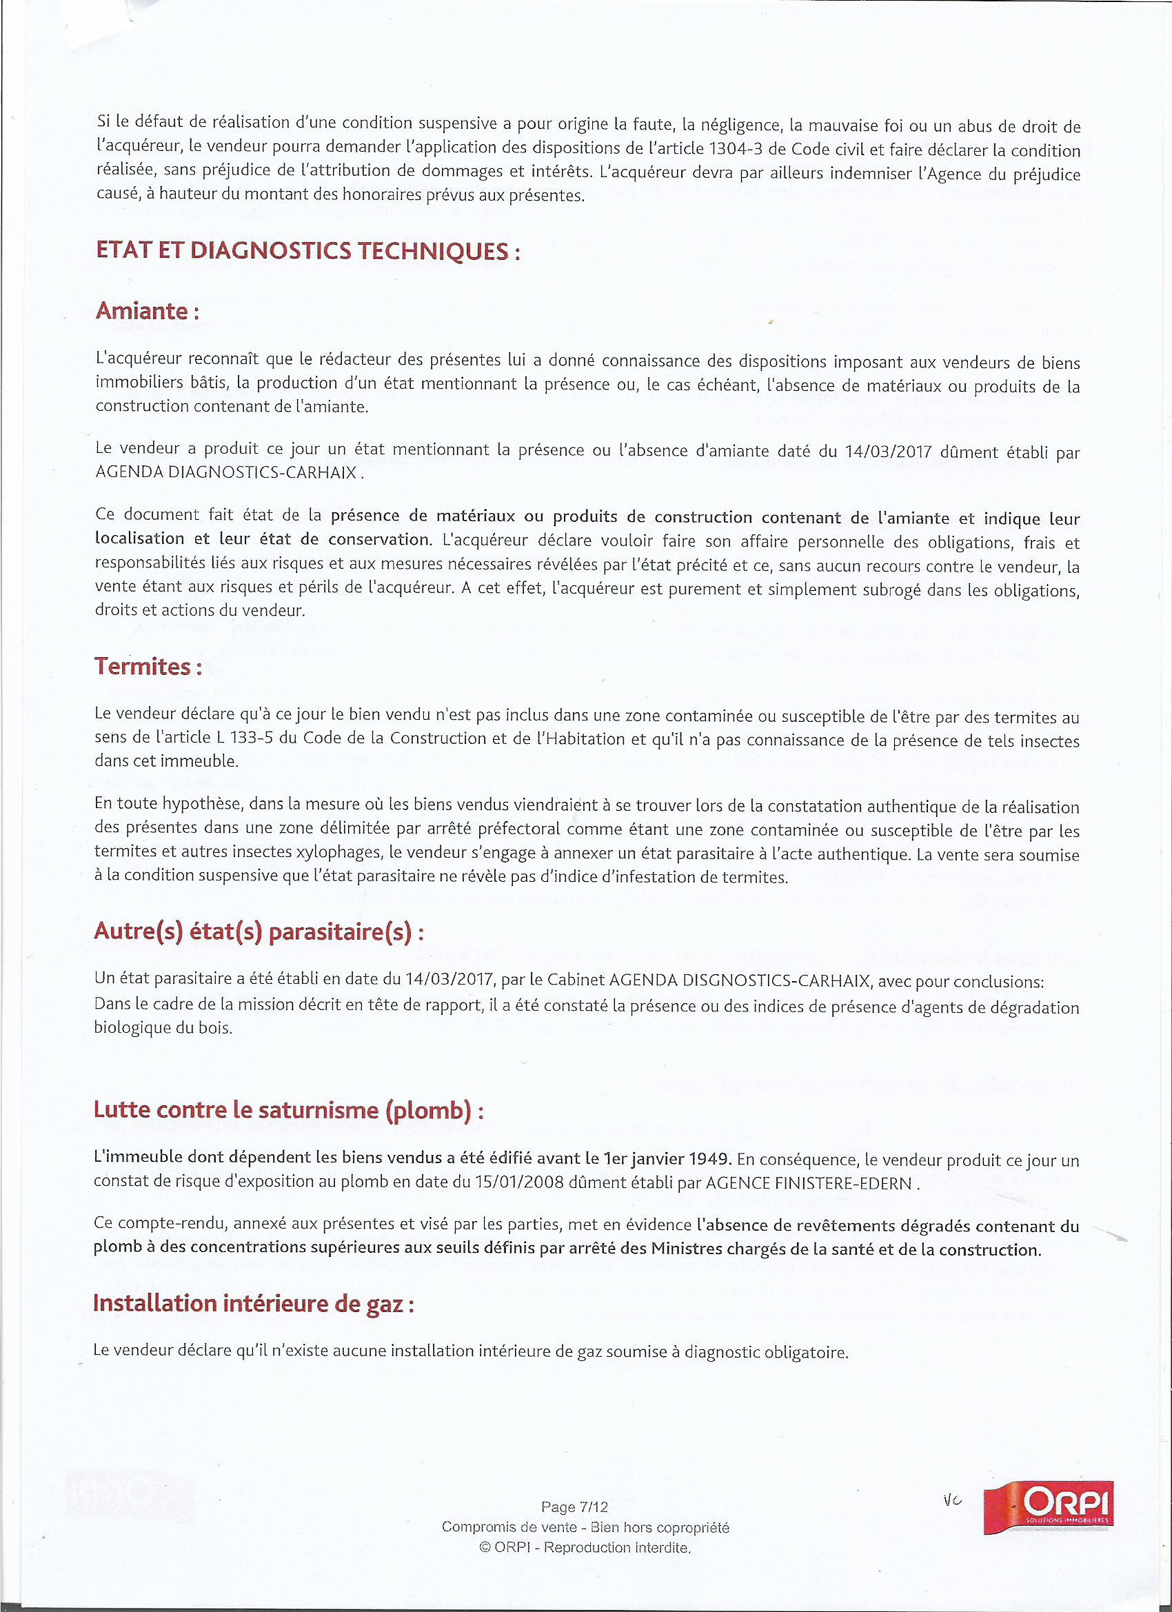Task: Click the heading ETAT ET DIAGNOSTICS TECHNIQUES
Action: pyautogui.click(x=307, y=251)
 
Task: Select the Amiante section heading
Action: pyautogui.click(x=146, y=312)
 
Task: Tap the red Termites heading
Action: pyautogui.click(x=148, y=667)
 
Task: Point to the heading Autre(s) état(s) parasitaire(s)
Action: pyautogui.click(x=259, y=931)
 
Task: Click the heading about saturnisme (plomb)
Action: pyautogui.click(x=288, y=1109)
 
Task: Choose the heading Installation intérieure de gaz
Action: pyautogui.click(x=253, y=1303)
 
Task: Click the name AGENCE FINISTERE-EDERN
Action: pyautogui.click(x=808, y=1183)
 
